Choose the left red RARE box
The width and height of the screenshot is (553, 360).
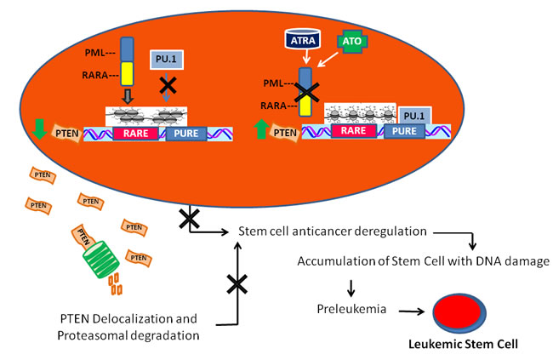(136, 134)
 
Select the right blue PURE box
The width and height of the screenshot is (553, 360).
(411, 132)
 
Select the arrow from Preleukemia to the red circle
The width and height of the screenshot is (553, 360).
(408, 311)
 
